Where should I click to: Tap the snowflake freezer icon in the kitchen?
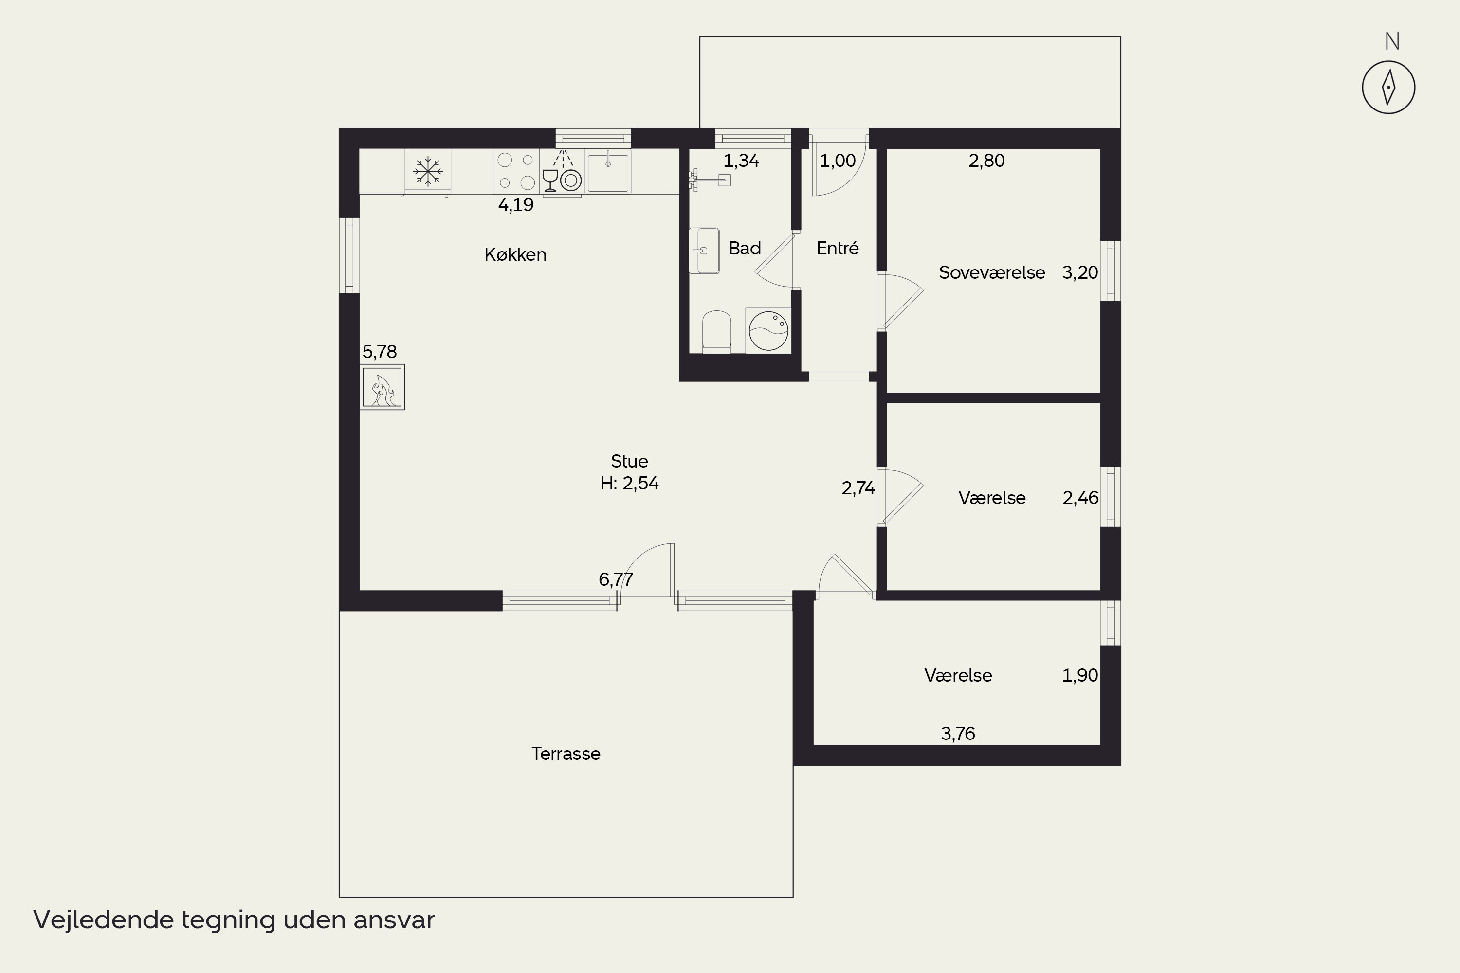tap(428, 171)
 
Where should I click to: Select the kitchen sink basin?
tap(608, 172)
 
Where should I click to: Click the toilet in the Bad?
tap(716, 331)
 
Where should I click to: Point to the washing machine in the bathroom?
tap(768, 331)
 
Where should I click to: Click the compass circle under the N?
tap(1388, 88)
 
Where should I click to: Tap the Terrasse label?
tap(566, 753)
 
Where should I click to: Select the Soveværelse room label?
tap(991, 272)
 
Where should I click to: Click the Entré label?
tap(838, 248)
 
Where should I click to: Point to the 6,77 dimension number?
tap(616, 579)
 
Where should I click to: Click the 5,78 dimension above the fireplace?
tap(379, 352)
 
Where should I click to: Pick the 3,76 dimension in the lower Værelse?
tap(958, 734)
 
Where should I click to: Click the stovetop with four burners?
tap(516, 171)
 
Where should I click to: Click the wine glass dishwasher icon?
tap(550, 180)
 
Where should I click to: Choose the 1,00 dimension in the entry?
tap(838, 161)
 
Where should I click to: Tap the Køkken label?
tap(515, 254)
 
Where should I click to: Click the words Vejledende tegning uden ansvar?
tap(234, 919)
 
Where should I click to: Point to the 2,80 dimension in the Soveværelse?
tap(986, 161)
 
